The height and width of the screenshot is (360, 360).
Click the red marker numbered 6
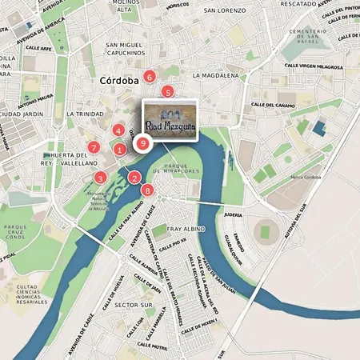tap(149, 77)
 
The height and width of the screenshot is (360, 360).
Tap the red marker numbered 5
tap(167, 92)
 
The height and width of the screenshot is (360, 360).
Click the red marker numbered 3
tap(100, 178)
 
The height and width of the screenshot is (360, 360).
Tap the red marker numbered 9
tap(142, 144)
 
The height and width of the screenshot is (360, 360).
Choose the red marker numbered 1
tap(120, 148)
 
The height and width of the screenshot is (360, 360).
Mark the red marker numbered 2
tap(134, 178)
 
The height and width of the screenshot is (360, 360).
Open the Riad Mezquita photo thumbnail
tap(170, 120)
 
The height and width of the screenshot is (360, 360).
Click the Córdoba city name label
tap(121, 81)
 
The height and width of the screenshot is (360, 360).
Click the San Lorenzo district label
tap(223, 11)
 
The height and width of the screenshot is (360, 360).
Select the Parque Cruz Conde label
tap(15, 232)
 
